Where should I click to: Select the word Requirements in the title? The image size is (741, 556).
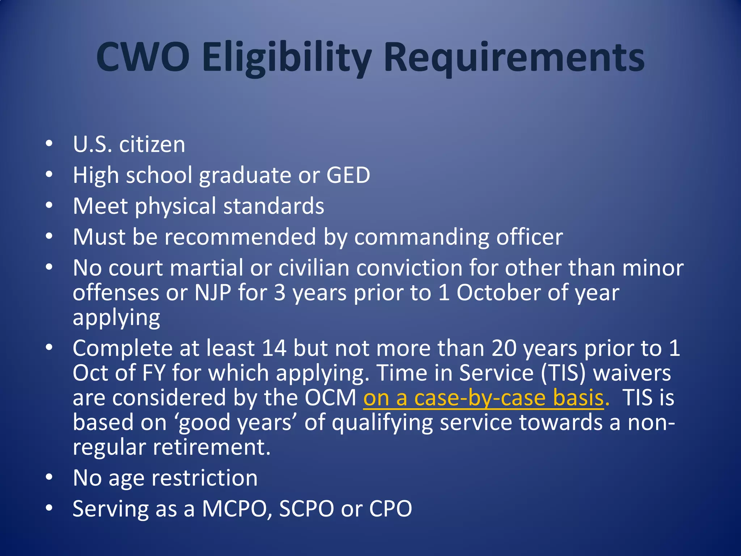[x=514, y=58]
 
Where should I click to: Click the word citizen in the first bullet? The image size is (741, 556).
[x=152, y=144]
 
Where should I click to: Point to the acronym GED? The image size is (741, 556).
[x=348, y=175]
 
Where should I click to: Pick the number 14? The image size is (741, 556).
[x=274, y=348]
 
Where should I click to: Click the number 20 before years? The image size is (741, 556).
[x=504, y=348]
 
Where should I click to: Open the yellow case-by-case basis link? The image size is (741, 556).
[x=483, y=398]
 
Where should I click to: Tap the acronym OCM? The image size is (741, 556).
[x=330, y=398]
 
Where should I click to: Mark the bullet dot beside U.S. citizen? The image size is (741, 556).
[x=49, y=144]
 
